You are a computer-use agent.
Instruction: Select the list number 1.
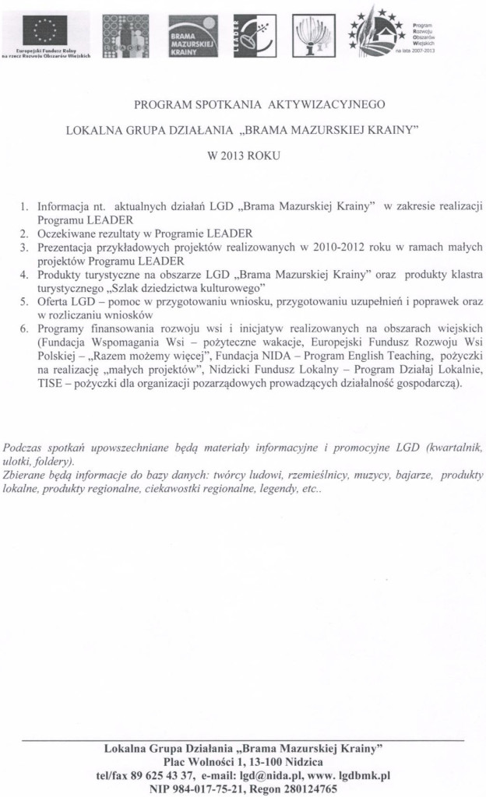click(x=24, y=208)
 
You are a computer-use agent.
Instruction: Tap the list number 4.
click(x=24, y=276)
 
